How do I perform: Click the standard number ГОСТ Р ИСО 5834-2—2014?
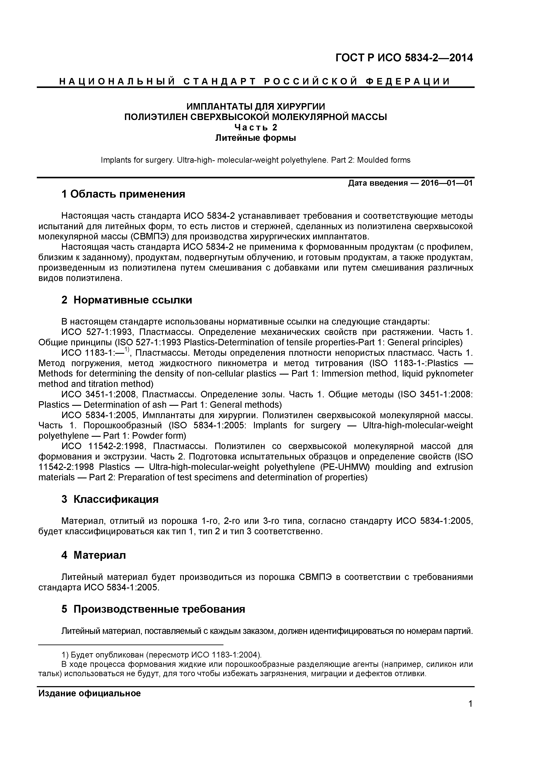(x=404, y=58)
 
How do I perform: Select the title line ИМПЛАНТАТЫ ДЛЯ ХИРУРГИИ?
(x=256, y=107)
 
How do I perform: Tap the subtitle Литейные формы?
(x=256, y=138)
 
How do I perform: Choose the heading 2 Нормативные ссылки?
(x=126, y=300)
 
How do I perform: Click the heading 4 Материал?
(x=94, y=555)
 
